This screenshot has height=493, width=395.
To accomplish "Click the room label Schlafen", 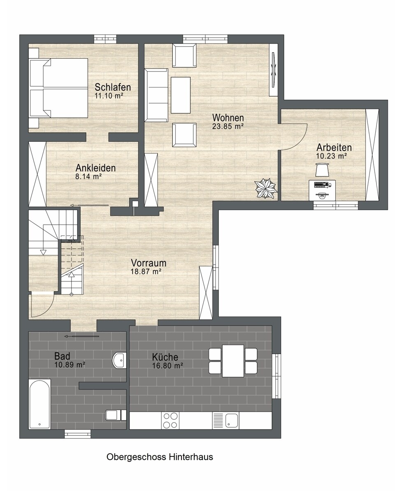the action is tap(113, 87).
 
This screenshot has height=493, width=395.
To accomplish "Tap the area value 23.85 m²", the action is tap(228, 126).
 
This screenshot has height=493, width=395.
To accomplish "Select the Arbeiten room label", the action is tap(334, 147).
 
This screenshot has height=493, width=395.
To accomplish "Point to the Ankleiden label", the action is tap(95, 168).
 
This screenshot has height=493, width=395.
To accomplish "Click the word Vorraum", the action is tap(149, 263).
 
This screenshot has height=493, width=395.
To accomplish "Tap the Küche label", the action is tap(165, 357).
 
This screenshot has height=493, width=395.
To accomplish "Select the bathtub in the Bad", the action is tap(40, 404).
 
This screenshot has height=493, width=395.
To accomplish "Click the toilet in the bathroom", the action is tap(116, 415).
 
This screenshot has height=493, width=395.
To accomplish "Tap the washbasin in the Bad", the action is tap(119, 360).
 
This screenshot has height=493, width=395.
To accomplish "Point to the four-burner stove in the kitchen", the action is tap(170, 420).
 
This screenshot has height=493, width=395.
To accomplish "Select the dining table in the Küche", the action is tap(233, 361).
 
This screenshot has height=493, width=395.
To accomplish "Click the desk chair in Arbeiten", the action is tap(322, 170).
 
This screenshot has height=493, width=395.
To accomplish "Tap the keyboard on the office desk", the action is tap(321, 184).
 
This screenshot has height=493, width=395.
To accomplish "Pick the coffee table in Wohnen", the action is tap(180, 95).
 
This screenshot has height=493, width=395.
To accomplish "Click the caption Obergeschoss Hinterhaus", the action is tap(160, 457).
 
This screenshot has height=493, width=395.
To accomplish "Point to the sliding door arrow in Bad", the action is tap(82, 336).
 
